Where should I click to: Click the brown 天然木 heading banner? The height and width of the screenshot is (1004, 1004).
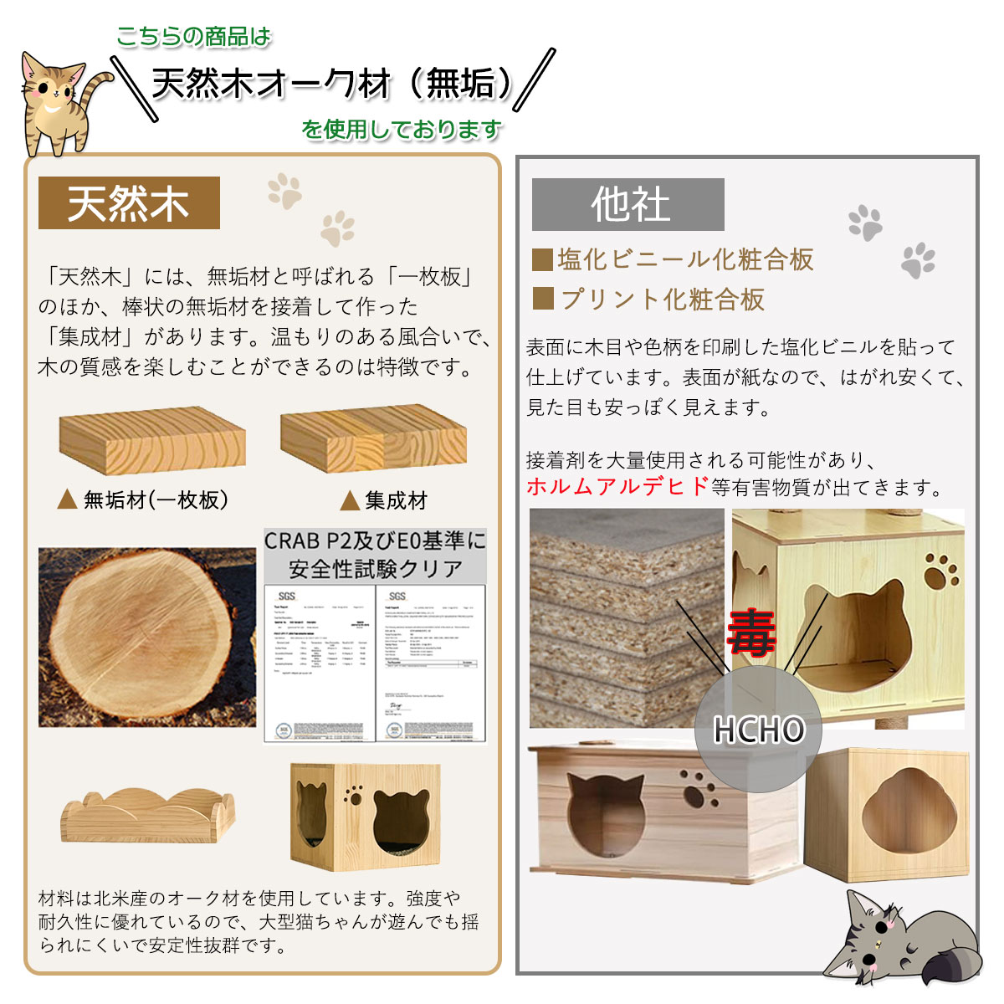129,203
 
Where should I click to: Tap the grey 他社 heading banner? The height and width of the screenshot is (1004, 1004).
628,205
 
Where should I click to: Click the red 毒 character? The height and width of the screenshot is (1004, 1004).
750,633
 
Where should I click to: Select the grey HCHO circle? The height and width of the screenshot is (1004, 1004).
759,730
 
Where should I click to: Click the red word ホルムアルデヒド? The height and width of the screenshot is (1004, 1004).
617,487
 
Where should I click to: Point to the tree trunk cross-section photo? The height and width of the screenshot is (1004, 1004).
147,637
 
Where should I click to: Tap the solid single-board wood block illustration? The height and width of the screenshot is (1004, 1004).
152,441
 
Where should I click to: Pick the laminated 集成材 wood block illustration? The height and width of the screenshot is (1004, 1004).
373,439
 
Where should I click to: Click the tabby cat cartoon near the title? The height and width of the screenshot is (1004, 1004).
59,105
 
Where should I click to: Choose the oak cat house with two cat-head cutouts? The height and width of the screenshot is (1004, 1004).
366,816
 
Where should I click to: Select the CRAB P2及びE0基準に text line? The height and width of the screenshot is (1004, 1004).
375,541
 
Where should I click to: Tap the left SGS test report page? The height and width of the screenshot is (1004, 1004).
320,663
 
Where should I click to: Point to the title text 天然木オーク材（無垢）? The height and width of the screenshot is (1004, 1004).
332,85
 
